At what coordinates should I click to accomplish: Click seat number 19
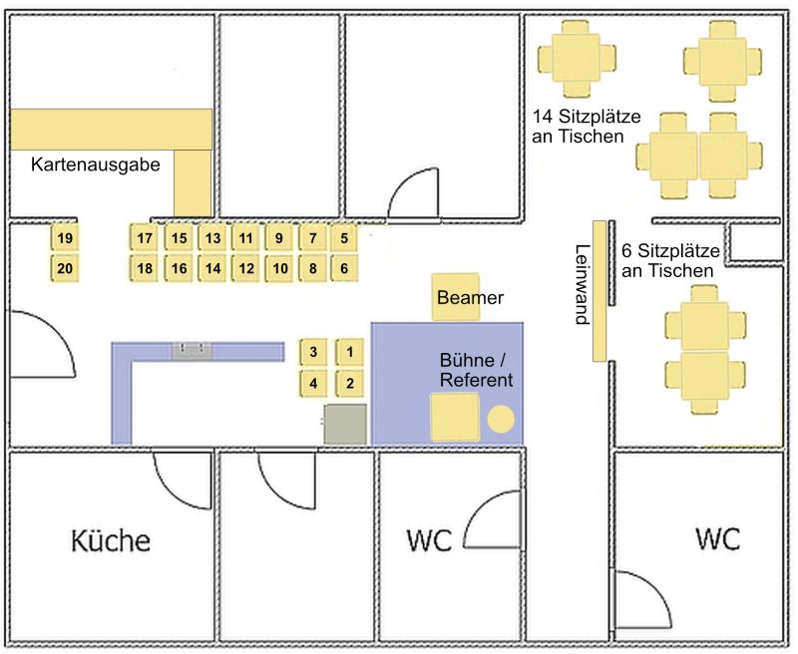[x=65, y=238]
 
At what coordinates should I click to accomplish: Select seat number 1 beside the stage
[x=350, y=352]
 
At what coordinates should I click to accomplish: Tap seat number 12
[x=245, y=268]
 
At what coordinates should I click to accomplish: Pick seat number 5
[x=344, y=238]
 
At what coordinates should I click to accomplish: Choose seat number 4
[x=313, y=383]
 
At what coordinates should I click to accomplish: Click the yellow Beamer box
[x=456, y=297]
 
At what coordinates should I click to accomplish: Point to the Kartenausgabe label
[x=96, y=164]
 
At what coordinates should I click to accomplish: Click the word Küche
[x=111, y=540]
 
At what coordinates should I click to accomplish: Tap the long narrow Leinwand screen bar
[x=599, y=291]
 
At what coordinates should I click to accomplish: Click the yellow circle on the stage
[x=501, y=420]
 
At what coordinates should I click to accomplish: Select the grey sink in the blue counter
[x=192, y=351]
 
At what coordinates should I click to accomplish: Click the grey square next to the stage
[x=345, y=424]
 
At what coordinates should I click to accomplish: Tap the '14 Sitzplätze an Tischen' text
[x=587, y=127]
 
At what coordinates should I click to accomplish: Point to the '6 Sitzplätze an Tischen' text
[x=670, y=260]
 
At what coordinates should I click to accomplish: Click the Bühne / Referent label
[x=476, y=370]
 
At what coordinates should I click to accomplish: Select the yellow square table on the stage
[x=455, y=417]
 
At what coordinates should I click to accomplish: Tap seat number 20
[x=65, y=268]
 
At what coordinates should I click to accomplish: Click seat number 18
[x=144, y=268]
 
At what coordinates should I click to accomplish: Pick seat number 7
[x=312, y=238]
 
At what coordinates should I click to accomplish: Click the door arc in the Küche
[x=173, y=491]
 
